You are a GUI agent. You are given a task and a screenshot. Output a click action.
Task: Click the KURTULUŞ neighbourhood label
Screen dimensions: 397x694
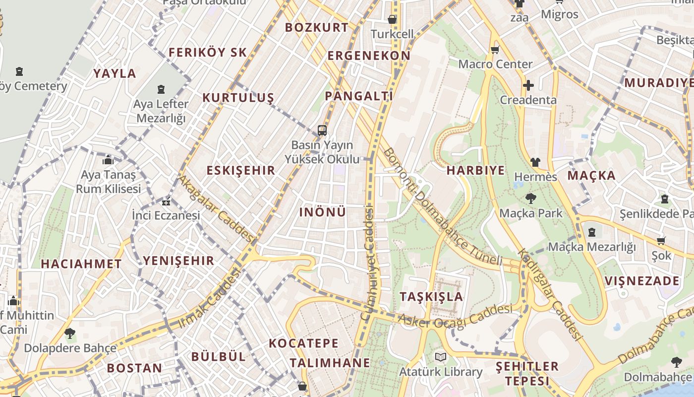[x=238, y=98]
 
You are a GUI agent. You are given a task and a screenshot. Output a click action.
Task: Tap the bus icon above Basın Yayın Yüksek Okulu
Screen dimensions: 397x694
[x=322, y=131]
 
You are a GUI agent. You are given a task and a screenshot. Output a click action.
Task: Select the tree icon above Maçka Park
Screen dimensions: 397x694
[x=531, y=198]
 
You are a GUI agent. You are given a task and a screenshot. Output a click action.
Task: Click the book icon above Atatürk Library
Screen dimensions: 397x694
[x=441, y=357]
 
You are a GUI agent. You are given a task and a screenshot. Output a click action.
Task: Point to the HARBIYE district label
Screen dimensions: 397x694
[x=475, y=171]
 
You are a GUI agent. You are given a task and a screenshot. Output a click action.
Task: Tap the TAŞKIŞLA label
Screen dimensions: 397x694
[x=431, y=297]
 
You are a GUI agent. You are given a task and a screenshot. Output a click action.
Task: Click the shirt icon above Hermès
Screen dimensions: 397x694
[x=535, y=162]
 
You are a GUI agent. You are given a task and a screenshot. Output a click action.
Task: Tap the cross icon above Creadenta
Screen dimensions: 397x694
[x=528, y=85]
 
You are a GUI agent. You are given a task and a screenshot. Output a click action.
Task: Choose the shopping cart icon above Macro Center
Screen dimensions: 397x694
[x=495, y=50]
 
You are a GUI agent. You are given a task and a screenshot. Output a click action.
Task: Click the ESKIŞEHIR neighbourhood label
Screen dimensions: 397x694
[x=240, y=171]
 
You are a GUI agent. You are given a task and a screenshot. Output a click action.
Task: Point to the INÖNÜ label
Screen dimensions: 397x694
[x=323, y=212]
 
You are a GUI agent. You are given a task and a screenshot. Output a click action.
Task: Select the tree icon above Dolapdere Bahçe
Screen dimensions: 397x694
[x=70, y=333]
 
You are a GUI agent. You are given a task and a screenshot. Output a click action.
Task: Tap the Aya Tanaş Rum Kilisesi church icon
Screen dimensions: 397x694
[x=108, y=160]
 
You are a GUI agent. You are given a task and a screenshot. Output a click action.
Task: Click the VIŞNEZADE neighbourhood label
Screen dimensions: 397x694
[x=642, y=281]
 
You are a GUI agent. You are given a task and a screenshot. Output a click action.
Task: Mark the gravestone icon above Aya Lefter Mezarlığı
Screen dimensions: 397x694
[x=161, y=89]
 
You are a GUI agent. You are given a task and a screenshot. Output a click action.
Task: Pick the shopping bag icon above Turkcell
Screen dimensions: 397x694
[x=392, y=19]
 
